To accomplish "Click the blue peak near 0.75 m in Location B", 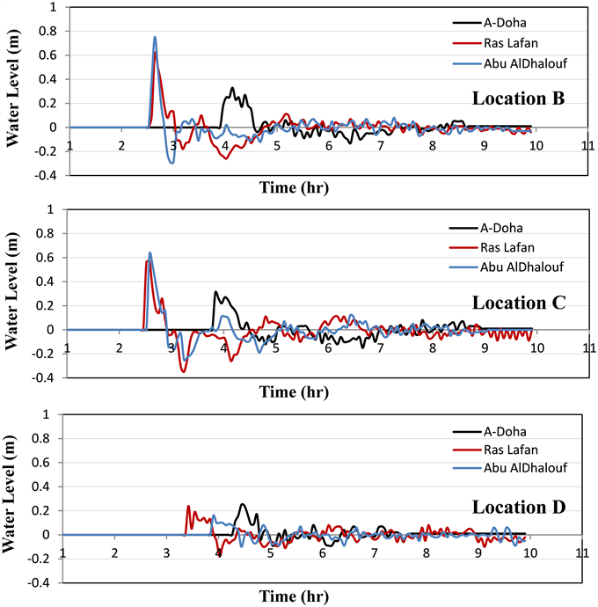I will point(155,38).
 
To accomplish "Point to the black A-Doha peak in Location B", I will point(233,88).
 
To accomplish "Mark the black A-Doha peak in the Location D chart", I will point(243,505).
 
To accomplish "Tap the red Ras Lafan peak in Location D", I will point(188,507).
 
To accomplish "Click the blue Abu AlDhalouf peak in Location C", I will point(149,253).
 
